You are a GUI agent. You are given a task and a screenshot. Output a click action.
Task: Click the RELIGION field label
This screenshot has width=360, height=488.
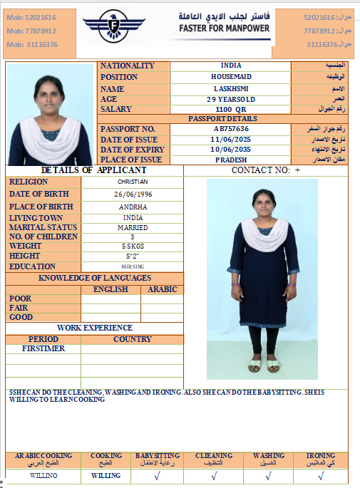[29, 182]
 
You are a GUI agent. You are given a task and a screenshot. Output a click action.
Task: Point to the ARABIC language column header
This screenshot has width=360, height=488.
[162, 289]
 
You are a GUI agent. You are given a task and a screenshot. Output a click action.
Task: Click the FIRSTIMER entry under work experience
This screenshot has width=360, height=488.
[43, 349]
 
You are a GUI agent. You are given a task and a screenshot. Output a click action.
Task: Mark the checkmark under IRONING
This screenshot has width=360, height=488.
[320, 475]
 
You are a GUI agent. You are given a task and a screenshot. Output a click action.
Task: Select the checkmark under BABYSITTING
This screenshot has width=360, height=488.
[157, 475]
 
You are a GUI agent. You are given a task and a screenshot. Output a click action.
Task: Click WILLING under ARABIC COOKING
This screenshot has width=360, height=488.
[43, 475]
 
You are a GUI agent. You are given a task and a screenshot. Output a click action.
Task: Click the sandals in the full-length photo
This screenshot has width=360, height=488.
[264, 366]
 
